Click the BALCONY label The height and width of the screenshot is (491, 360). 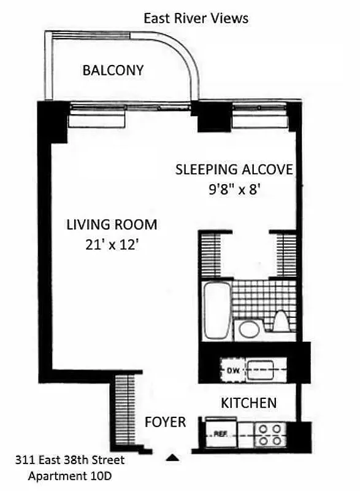[113, 70]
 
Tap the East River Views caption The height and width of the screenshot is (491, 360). [196, 18]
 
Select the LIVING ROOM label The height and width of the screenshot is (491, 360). [112, 225]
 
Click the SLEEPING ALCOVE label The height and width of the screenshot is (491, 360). [234, 169]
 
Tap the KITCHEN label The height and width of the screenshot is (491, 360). [248, 403]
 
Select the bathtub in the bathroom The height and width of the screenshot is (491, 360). [215, 311]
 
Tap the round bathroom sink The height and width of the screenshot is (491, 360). [249, 328]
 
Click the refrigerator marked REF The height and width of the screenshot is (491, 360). [221, 433]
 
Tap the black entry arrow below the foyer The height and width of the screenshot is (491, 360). [174, 457]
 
